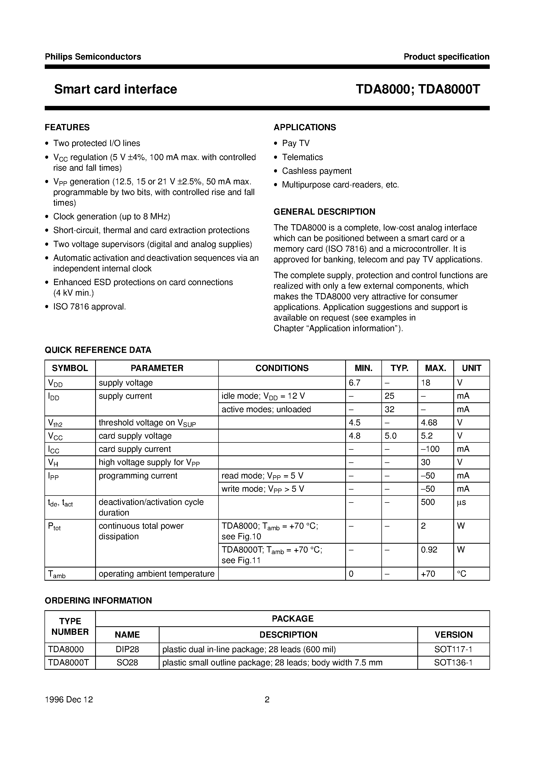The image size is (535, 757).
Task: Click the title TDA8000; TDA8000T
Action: [x=417, y=89]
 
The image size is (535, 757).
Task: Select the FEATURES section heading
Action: [x=67, y=127]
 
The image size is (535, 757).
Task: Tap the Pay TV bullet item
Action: [x=296, y=143]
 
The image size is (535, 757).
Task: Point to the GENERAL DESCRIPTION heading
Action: [x=324, y=212]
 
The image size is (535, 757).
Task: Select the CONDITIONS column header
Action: [x=282, y=368]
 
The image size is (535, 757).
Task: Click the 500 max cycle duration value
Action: [x=428, y=502]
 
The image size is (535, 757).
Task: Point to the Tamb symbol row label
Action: [x=57, y=574]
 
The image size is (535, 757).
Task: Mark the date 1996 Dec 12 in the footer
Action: [x=69, y=700]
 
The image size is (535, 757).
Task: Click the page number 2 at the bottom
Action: [x=267, y=700]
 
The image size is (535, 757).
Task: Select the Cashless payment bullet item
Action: [x=316, y=171]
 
